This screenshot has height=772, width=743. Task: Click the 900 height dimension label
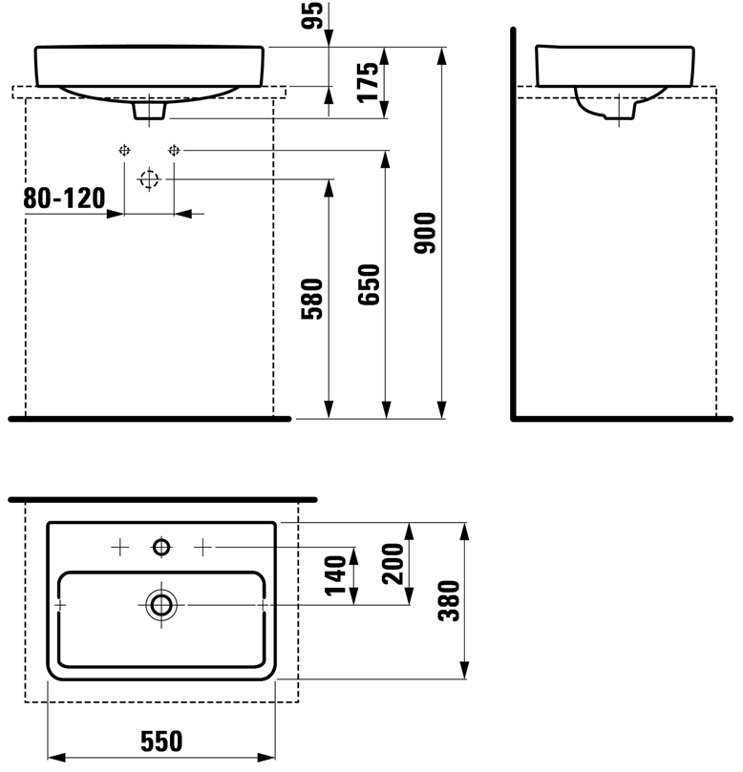click(x=427, y=233)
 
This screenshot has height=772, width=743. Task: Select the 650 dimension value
click(x=371, y=284)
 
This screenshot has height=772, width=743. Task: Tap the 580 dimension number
click(x=313, y=298)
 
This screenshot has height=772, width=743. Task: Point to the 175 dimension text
click(x=371, y=80)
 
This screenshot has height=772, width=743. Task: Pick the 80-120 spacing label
click(x=63, y=198)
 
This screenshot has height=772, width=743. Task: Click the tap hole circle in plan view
click(x=160, y=547)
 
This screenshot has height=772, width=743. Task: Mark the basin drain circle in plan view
click(x=160, y=604)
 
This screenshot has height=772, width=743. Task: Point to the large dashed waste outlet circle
click(x=148, y=179)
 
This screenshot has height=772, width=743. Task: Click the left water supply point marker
click(x=124, y=150)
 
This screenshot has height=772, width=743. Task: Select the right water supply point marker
click(x=173, y=150)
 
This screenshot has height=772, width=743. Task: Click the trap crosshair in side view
click(x=619, y=111)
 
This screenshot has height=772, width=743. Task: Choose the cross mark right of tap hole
click(x=202, y=547)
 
